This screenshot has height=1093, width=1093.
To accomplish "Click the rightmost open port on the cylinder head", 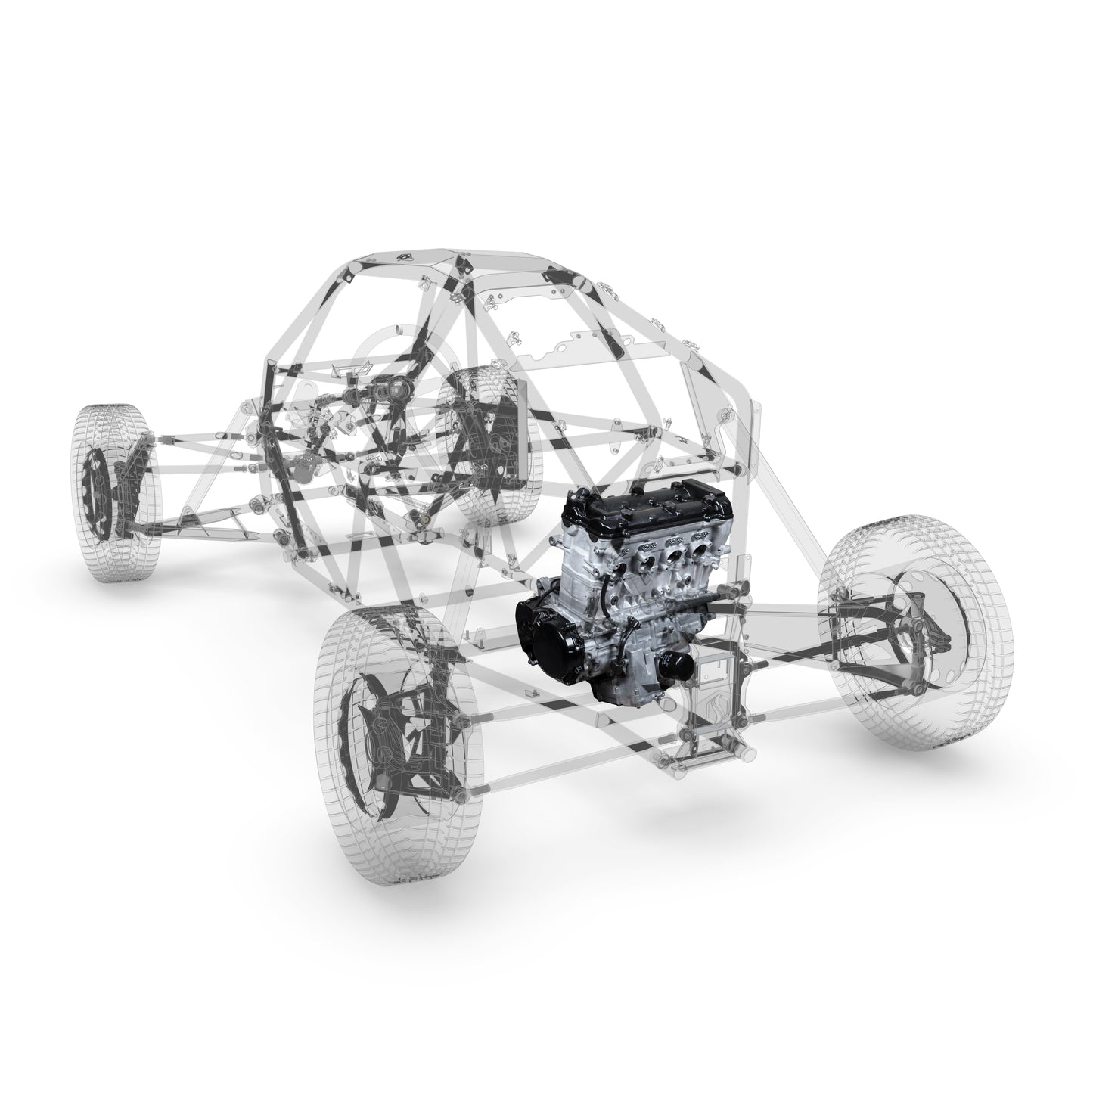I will pos(702,559).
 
